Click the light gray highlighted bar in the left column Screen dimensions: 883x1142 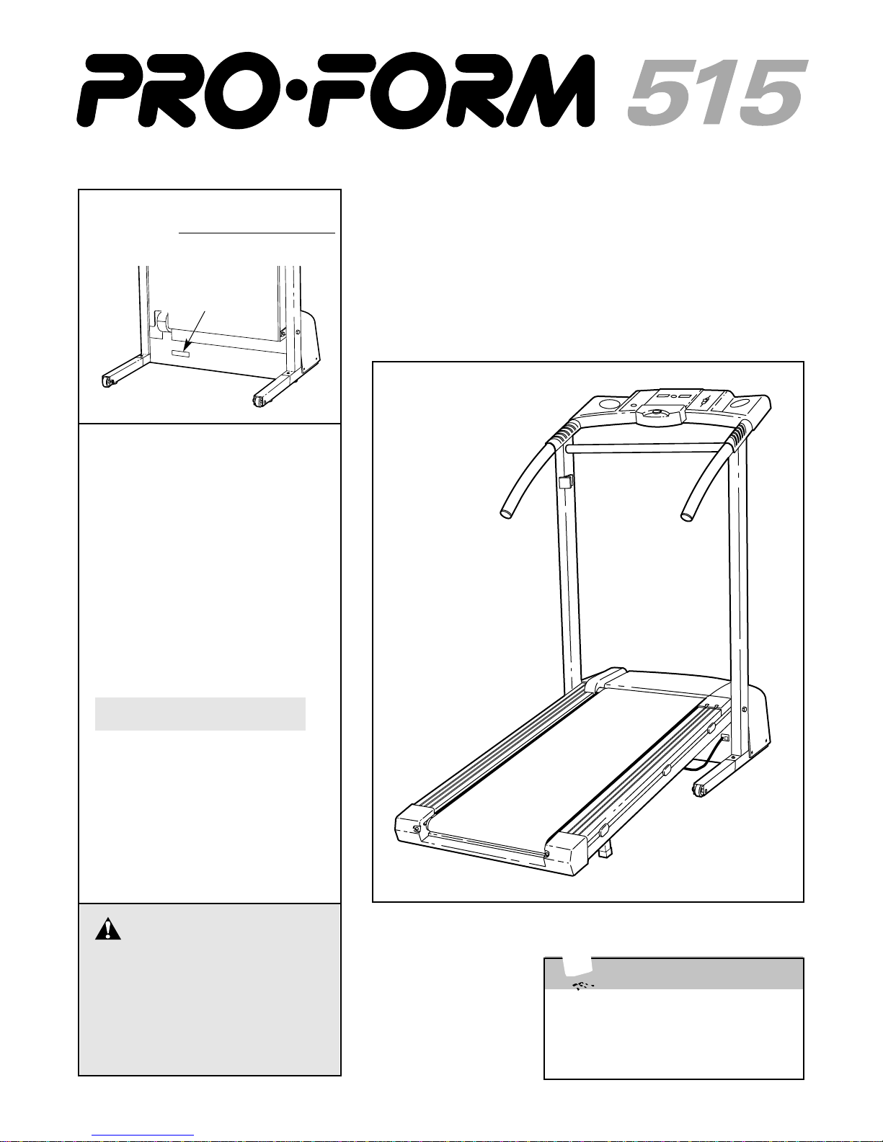click(200, 713)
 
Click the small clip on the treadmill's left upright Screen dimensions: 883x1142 click(565, 481)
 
